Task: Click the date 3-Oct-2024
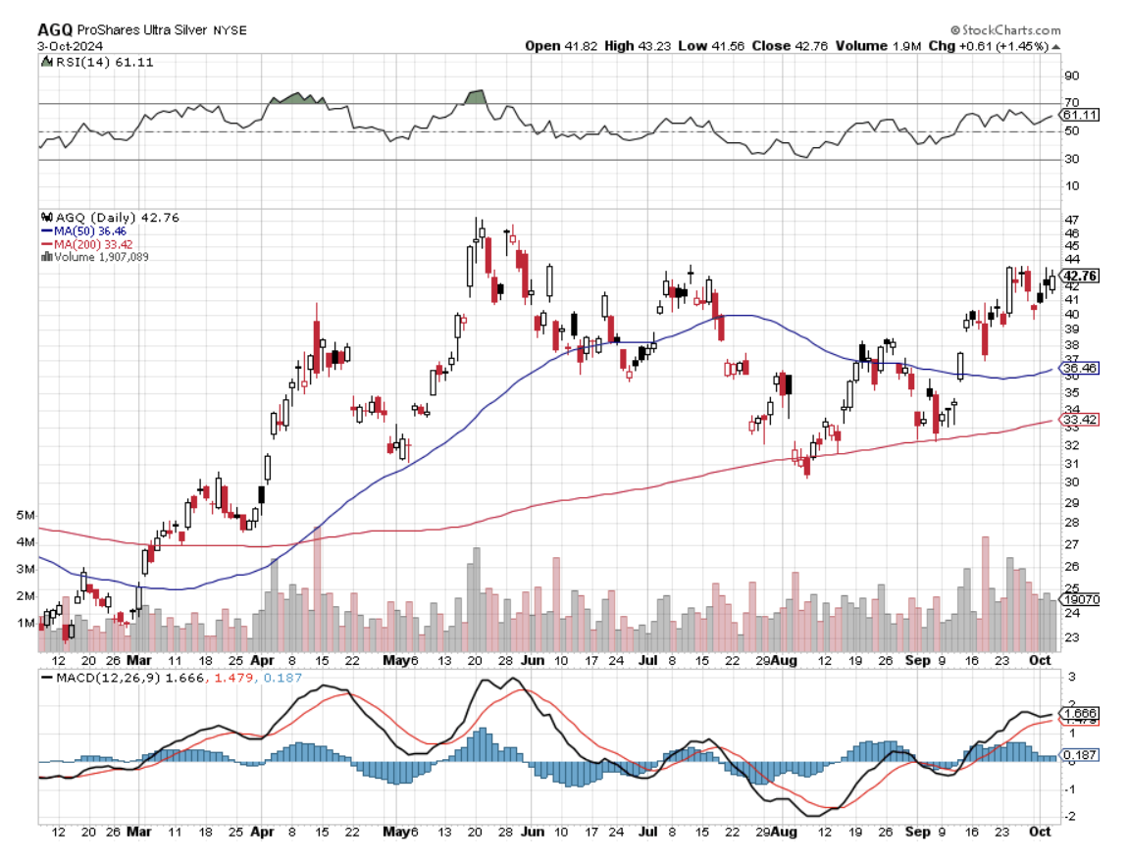tap(71, 45)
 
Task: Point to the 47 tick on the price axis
tap(1072, 219)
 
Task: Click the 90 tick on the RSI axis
tap(1072, 76)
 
